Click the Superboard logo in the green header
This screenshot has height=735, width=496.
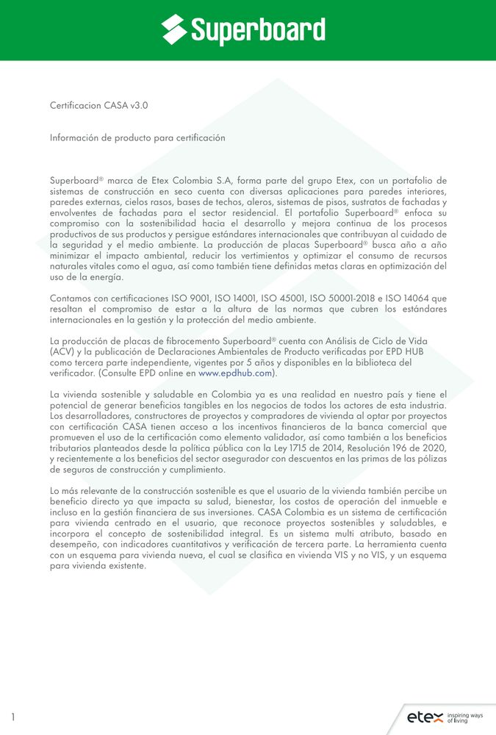(x=243, y=30)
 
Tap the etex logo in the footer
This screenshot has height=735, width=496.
(x=425, y=717)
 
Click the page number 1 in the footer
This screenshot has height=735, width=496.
(x=12, y=717)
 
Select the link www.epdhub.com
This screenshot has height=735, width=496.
(x=235, y=373)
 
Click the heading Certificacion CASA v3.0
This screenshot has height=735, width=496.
(x=99, y=105)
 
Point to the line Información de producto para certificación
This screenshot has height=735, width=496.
(x=137, y=137)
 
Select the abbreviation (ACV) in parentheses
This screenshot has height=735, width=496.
(x=61, y=351)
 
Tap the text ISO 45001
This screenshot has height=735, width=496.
(x=281, y=298)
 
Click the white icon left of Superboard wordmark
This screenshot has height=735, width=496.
(x=175, y=30)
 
